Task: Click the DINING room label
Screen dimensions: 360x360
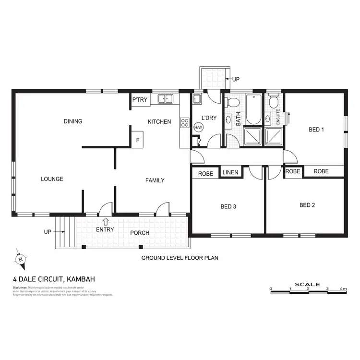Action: (73, 121)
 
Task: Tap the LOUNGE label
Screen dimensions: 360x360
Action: (52, 179)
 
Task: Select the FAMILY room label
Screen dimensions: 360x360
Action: (155, 180)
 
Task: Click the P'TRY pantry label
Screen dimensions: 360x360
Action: (140, 100)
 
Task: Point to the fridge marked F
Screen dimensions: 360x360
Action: (138, 140)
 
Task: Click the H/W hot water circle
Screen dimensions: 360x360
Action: (198, 128)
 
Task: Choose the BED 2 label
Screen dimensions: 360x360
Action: (307, 205)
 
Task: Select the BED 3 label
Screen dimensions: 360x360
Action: (228, 207)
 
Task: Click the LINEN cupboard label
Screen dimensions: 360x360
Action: (230, 172)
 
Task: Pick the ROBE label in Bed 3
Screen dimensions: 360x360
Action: (205, 174)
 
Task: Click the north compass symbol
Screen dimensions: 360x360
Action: (20, 259)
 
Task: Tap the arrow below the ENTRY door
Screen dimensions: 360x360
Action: (105, 221)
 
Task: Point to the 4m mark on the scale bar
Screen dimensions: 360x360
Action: (343, 289)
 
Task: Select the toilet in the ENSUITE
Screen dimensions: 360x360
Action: (273, 102)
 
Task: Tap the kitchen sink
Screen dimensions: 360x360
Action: (166, 99)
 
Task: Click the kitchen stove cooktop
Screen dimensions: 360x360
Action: (184, 122)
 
